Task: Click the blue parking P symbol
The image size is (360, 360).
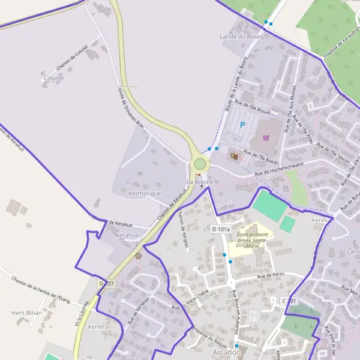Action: [x=242, y=125]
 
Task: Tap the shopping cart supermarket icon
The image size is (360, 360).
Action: [x=266, y=137]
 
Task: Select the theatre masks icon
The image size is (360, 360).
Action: [x=233, y=156]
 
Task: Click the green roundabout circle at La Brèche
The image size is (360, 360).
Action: [x=200, y=164]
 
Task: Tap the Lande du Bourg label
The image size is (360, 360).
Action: [x=242, y=37]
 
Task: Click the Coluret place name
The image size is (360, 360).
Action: [x=53, y=78]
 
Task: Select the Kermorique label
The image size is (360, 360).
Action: [x=145, y=194]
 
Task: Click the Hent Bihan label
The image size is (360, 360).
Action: [x=26, y=313]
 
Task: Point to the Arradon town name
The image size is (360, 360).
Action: [x=227, y=352]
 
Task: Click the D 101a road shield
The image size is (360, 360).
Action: [x=221, y=229]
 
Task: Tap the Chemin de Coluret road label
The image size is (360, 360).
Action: [x=73, y=58]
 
